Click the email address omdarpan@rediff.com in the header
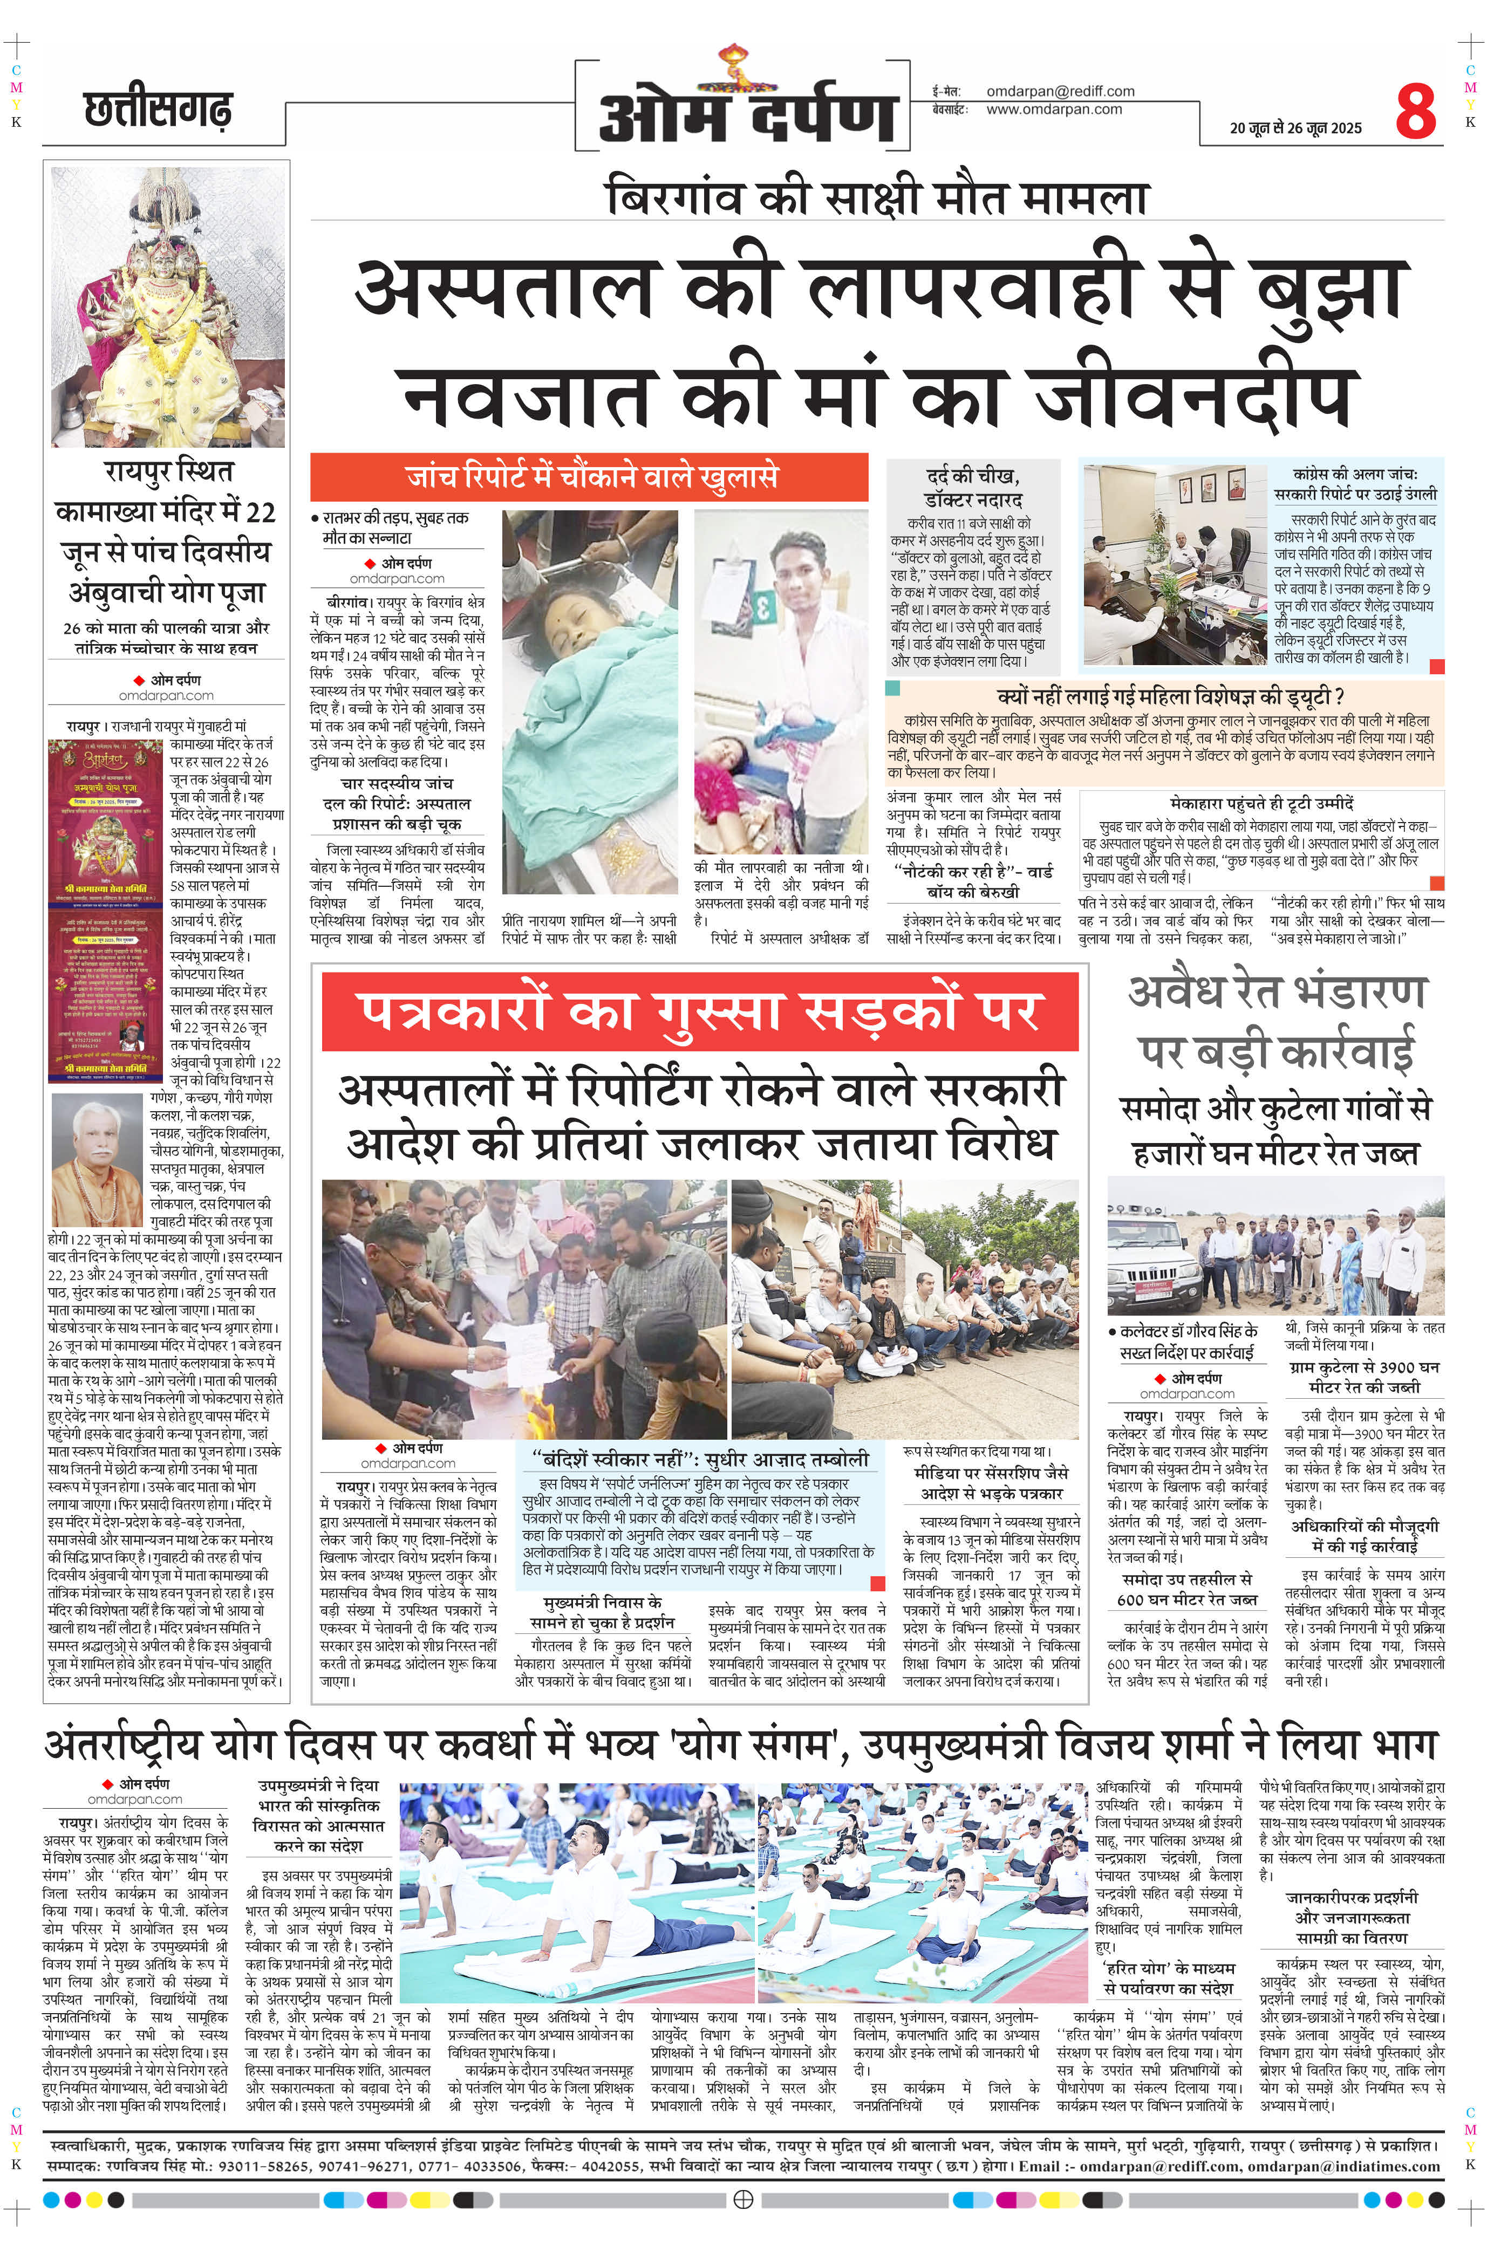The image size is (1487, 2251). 1060,91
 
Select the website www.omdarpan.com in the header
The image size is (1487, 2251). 1054,109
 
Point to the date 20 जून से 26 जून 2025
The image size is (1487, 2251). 1295,128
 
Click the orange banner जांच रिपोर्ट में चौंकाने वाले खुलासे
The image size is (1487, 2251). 590,476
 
